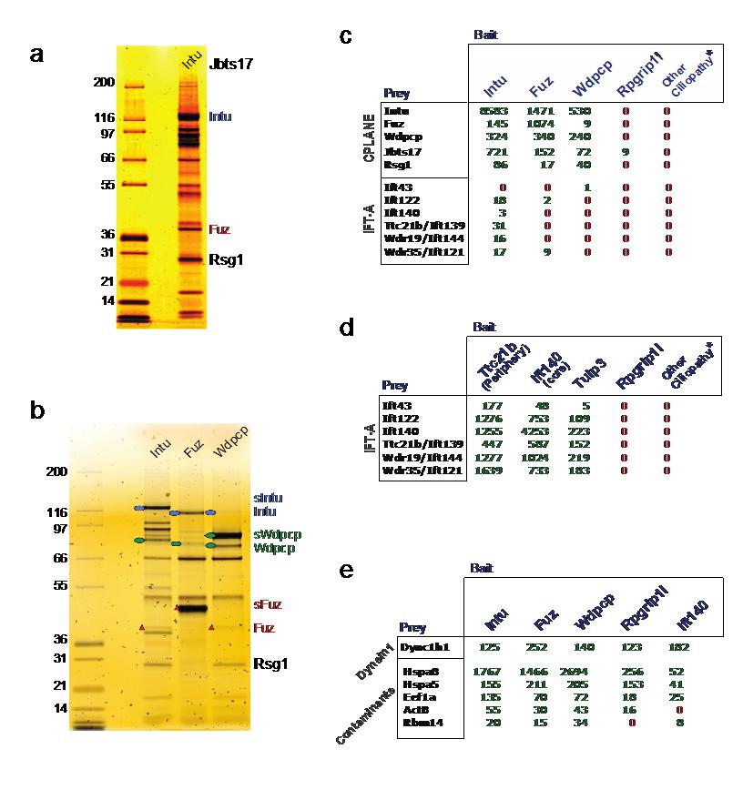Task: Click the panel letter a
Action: tap(36, 54)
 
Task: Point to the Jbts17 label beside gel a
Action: tap(230, 65)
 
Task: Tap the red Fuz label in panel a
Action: tap(220, 230)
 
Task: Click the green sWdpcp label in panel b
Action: tap(278, 534)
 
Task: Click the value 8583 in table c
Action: tap(495, 111)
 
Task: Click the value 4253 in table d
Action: tap(538, 433)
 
